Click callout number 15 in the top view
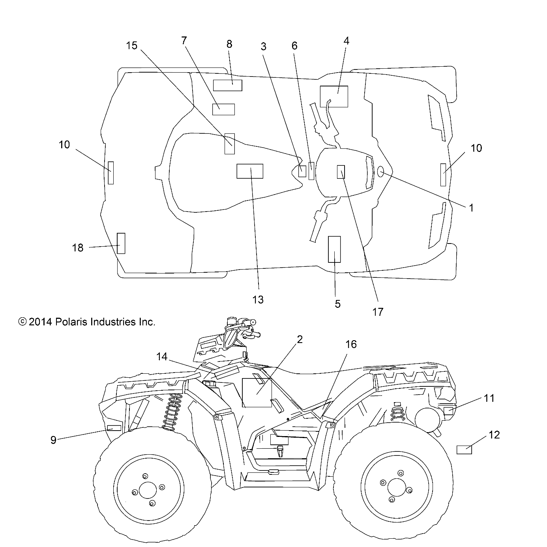(131, 46)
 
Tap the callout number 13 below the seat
(258, 300)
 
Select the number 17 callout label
(378, 312)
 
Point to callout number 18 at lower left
(78, 248)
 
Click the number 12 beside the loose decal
(494, 435)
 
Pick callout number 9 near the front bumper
(53, 440)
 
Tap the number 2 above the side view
(300, 339)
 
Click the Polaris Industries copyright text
(87, 322)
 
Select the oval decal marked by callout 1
(381, 172)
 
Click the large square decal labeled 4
(334, 96)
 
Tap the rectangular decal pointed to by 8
(228, 85)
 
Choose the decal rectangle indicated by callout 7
(223, 109)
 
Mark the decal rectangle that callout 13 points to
(249, 171)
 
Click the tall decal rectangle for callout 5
(334, 249)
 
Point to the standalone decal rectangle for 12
(464, 450)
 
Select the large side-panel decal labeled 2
(257, 393)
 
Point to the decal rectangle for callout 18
(121, 243)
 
